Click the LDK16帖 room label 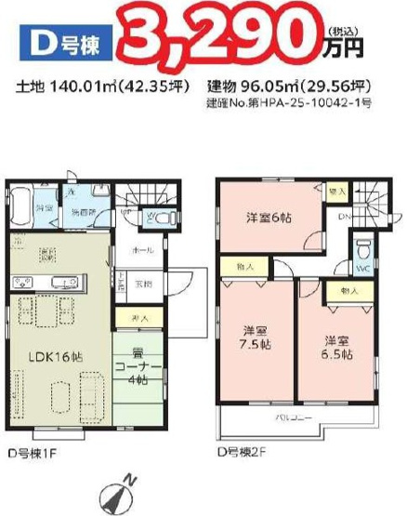pyautogui.click(x=55, y=356)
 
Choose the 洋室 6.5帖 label pyautogui.click(x=334, y=347)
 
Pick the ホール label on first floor pyautogui.click(x=141, y=250)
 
